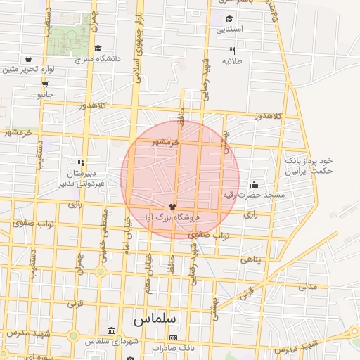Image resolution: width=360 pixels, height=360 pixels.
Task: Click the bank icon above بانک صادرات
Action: [x=173, y=338]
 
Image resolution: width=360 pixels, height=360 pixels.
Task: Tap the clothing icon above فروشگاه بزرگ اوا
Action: [x=173, y=207]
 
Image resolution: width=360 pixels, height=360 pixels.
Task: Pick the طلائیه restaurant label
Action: [x=233, y=61]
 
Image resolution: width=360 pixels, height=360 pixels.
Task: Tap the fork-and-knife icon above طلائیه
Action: [x=233, y=51]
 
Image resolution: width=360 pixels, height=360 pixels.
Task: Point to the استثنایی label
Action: [x=230, y=29]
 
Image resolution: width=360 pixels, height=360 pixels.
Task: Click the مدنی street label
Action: [x=308, y=286]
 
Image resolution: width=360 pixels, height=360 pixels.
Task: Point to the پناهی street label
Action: [x=250, y=259]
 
